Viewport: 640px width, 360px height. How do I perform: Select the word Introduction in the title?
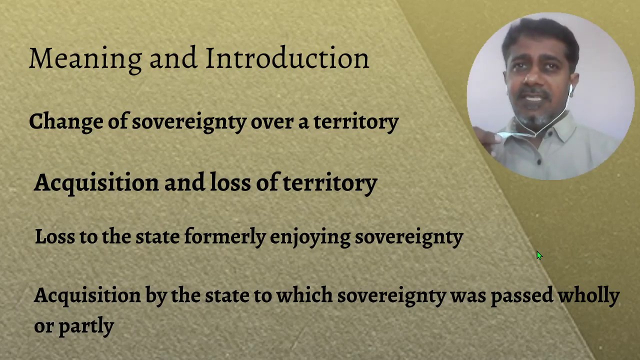(x=287, y=58)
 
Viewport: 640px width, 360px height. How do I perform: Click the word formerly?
(x=224, y=236)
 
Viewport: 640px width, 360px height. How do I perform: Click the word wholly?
(x=588, y=295)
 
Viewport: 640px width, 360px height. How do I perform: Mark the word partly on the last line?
(x=86, y=326)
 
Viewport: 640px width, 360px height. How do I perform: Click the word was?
(x=467, y=295)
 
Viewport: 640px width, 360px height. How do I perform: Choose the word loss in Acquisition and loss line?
(x=230, y=182)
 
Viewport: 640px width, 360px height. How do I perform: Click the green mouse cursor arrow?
(x=539, y=255)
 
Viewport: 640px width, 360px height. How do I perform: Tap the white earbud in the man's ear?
(x=570, y=89)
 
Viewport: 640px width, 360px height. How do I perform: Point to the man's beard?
(x=532, y=120)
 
